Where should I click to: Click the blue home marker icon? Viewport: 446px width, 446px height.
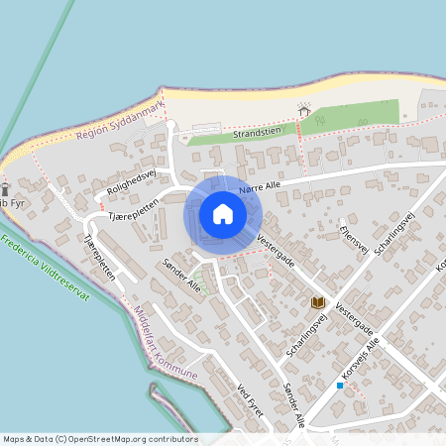(223, 213)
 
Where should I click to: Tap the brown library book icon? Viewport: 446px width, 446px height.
(318, 301)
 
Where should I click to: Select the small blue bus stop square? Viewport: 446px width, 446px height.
(340, 385)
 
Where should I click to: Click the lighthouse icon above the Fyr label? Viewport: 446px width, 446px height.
(5, 187)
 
